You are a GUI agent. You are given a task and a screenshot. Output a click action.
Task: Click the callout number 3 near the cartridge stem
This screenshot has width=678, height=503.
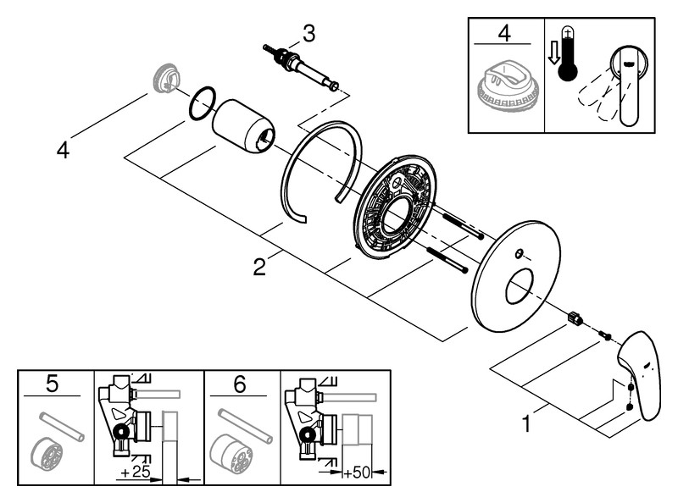pos(308,33)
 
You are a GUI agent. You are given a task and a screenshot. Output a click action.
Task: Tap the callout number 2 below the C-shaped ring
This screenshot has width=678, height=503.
pos(259,267)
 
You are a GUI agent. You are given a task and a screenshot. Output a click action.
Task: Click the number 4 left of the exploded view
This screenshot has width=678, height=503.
pos(63,150)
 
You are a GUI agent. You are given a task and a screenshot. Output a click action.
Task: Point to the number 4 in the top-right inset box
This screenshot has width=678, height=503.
pos(504,35)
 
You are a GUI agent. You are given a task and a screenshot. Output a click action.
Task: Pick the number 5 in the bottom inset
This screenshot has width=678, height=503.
pos(52,385)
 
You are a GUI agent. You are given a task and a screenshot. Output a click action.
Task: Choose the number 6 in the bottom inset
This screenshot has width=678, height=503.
pos(239,385)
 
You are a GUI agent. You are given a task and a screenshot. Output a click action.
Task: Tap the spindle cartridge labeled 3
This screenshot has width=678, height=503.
pos(301,68)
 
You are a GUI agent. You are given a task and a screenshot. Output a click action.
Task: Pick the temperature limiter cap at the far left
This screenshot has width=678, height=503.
pos(163,79)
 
